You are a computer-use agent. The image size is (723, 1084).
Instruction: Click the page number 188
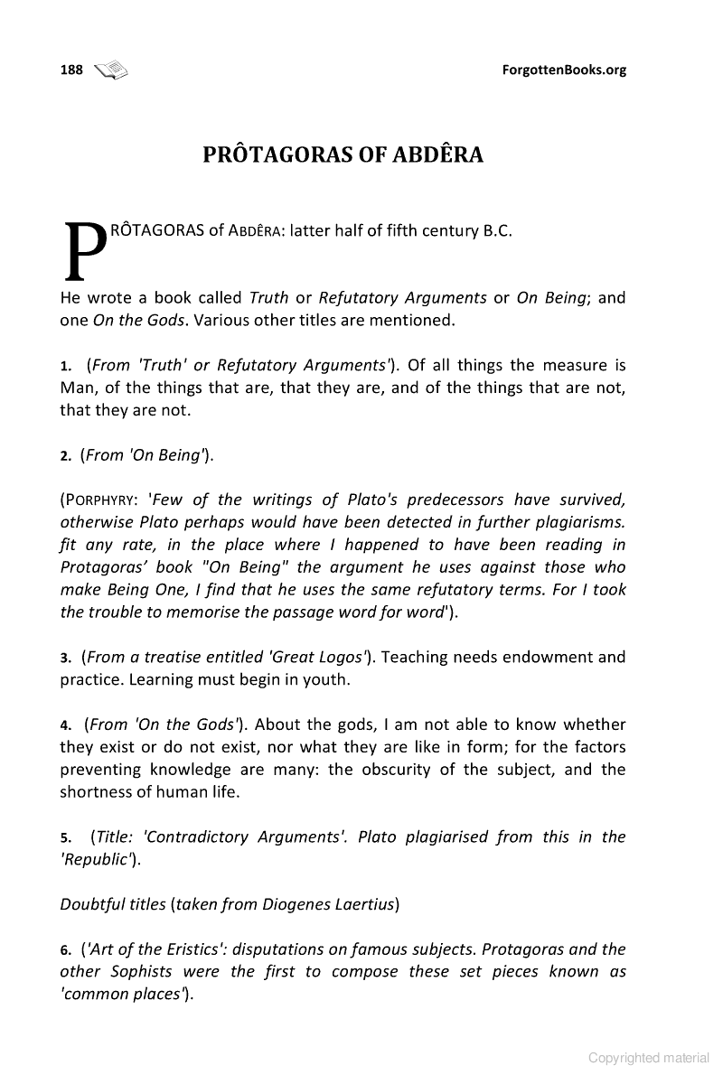[x=71, y=70]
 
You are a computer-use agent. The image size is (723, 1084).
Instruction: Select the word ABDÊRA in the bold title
[x=437, y=154]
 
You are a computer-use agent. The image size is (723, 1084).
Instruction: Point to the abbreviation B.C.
[x=497, y=230]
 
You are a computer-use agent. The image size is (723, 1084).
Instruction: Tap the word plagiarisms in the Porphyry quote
[x=581, y=523]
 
